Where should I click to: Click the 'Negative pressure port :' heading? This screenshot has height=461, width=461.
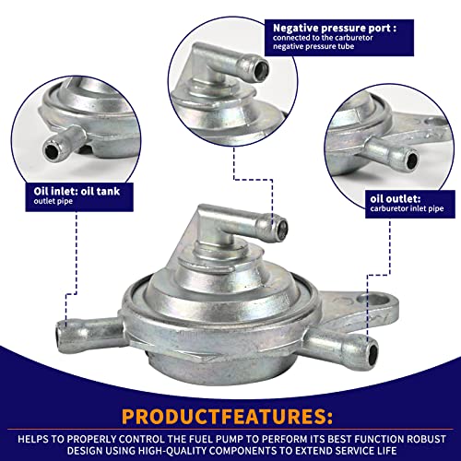click(x=335, y=29)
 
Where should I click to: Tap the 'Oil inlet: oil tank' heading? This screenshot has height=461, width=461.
click(x=77, y=191)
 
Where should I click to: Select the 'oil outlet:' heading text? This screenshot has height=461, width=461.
click(x=396, y=199)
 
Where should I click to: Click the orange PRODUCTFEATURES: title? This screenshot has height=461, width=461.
click(x=227, y=417)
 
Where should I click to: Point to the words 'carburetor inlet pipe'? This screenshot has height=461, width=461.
click(x=407, y=208)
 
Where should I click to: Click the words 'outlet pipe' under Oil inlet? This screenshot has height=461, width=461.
click(x=53, y=201)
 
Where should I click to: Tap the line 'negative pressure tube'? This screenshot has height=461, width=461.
click(x=313, y=46)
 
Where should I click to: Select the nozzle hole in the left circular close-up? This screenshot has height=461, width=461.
click(x=51, y=150)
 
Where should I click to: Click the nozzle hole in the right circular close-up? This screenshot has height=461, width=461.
click(x=411, y=160)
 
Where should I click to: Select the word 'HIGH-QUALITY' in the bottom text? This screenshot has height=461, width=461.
click(x=174, y=451)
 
